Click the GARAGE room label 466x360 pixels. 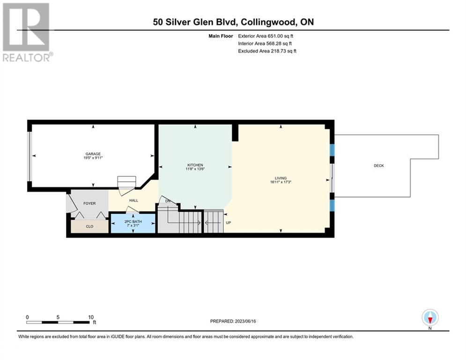tap(93, 154)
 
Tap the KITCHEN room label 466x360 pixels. tap(195, 165)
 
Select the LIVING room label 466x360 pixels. tap(281, 178)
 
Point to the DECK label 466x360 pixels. tap(378, 166)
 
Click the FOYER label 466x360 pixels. tap(89, 203)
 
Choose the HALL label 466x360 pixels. tap(133, 201)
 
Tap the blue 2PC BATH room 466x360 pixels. tap(133, 224)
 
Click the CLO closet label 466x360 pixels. tap(89, 226)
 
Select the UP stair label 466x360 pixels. tap(228, 223)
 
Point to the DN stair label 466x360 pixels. tap(168, 201)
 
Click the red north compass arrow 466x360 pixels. tap(430, 320)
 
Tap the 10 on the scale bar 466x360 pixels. tap(91, 317)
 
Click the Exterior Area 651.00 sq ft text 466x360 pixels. tap(266, 36)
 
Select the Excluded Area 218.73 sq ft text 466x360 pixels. tap(267, 51)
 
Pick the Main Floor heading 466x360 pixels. tap(221, 36)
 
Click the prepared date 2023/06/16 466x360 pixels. tap(245, 321)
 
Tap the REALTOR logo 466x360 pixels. tap(27, 32)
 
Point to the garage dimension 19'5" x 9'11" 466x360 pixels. tap(93, 158)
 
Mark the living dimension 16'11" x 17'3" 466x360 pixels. tap(281, 182)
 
